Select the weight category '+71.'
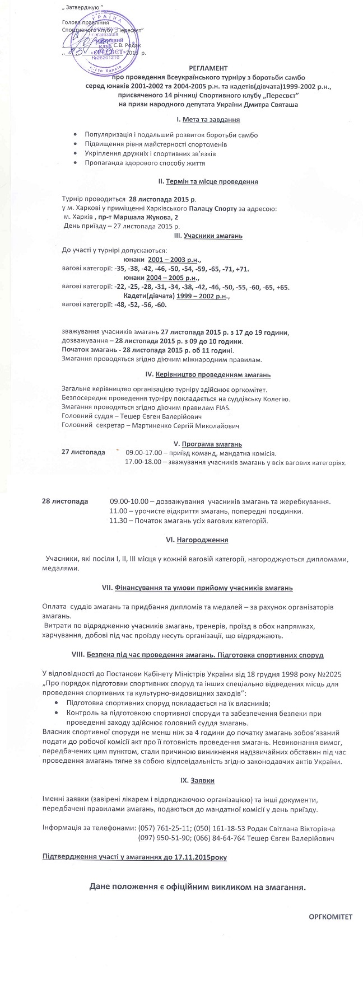tap(242, 269)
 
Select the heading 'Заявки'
tap(202, 780)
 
